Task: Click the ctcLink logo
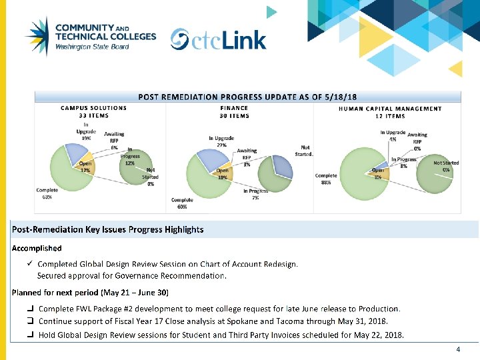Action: click(x=218, y=39)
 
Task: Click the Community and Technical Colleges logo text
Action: click(x=105, y=37)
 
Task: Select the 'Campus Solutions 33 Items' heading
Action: click(x=94, y=111)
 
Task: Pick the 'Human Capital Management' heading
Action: click(x=390, y=112)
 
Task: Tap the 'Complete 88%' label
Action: click(x=325, y=179)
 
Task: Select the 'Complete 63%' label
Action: click(x=47, y=193)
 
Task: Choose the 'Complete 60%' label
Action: click(x=182, y=203)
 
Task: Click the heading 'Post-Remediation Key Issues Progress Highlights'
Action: click(x=107, y=229)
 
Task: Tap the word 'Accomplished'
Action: click(x=37, y=248)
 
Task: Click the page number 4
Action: click(x=458, y=349)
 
